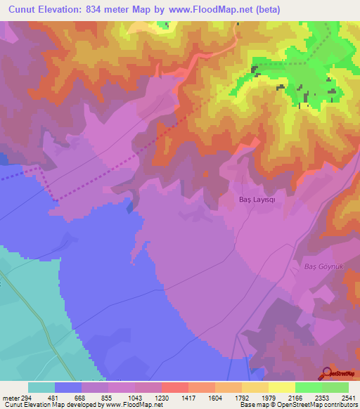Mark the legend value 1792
pos(242,397)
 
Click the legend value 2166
pos(295,397)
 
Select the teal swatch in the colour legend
pos(41,387)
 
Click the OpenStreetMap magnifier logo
pos(327,372)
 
